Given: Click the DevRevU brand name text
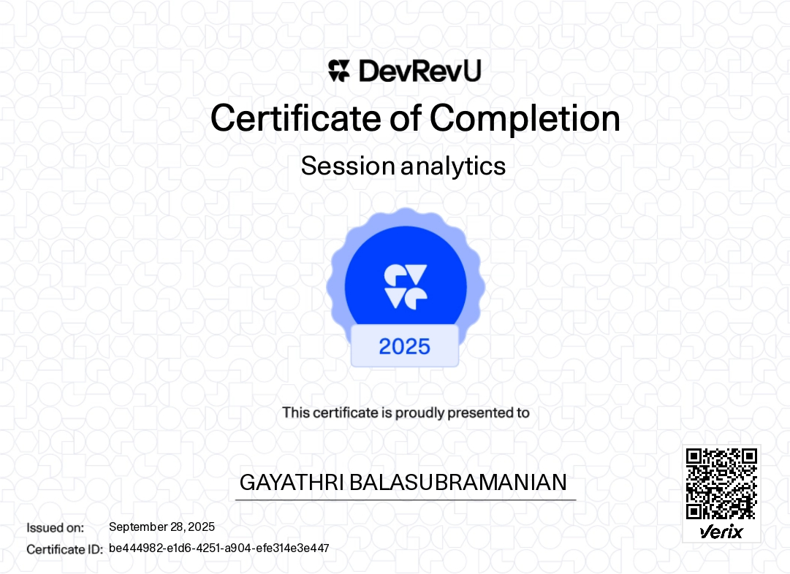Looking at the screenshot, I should [419, 71].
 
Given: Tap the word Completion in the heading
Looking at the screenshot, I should [525, 118].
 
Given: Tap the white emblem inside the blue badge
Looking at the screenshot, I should [406, 286].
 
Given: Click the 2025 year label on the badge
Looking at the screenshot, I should [405, 346].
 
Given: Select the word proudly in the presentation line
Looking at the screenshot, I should [419, 413].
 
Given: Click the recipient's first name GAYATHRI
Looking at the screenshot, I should [292, 483].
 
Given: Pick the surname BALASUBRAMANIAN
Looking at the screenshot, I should [459, 483].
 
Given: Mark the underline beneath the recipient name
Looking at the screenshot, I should [406, 500].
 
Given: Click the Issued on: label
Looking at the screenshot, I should [56, 527].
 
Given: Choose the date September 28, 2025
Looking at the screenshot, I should [162, 527].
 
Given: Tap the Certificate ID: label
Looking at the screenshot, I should [64, 549].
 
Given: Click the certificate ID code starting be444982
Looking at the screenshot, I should [219, 548].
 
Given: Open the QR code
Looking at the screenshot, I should [721, 484].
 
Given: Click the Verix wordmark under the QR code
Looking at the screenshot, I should [721, 532].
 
